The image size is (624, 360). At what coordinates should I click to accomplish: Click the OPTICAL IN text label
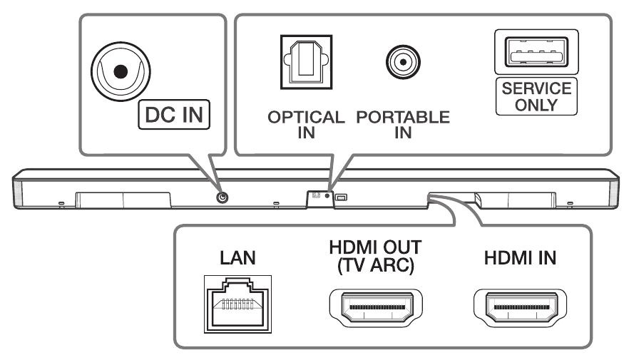click(304, 124)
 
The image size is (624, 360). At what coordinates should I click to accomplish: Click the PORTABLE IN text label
click(403, 124)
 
